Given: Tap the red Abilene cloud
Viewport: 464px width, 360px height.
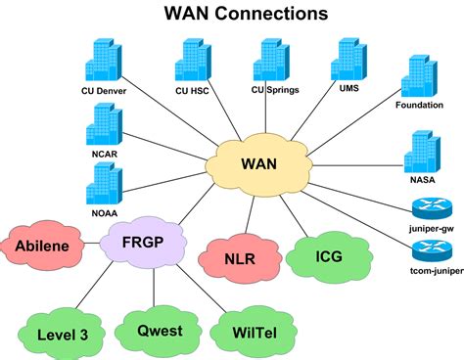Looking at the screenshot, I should [42, 246].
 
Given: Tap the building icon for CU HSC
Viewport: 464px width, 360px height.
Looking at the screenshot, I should [188, 61].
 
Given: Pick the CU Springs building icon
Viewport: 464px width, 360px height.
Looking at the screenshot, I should [269, 60].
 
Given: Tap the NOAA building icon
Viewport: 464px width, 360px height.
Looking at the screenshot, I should [103, 183].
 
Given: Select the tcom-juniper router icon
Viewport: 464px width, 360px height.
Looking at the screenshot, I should [429, 252].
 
